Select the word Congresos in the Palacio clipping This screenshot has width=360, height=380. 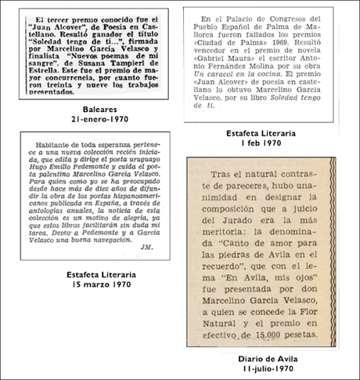click(x=265, y=16)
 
